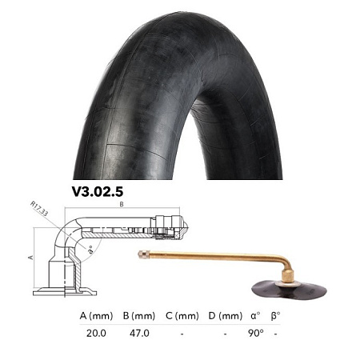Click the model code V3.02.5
tap(101, 192)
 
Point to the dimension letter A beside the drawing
tap(29, 258)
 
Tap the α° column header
tap(255, 315)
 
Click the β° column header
tap(276, 315)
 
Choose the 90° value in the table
tap(256, 333)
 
